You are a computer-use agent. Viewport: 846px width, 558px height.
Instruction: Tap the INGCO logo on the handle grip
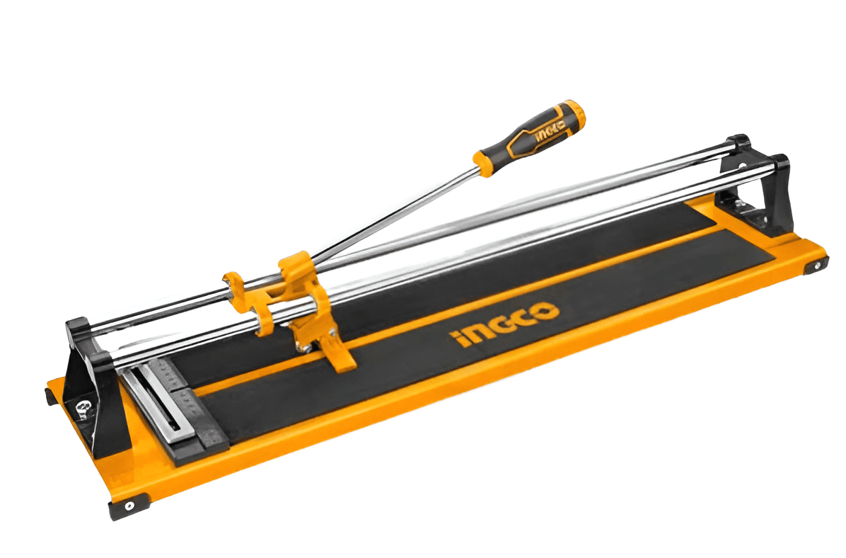[547, 130]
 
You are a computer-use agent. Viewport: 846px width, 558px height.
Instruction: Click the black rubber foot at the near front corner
[129, 505]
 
